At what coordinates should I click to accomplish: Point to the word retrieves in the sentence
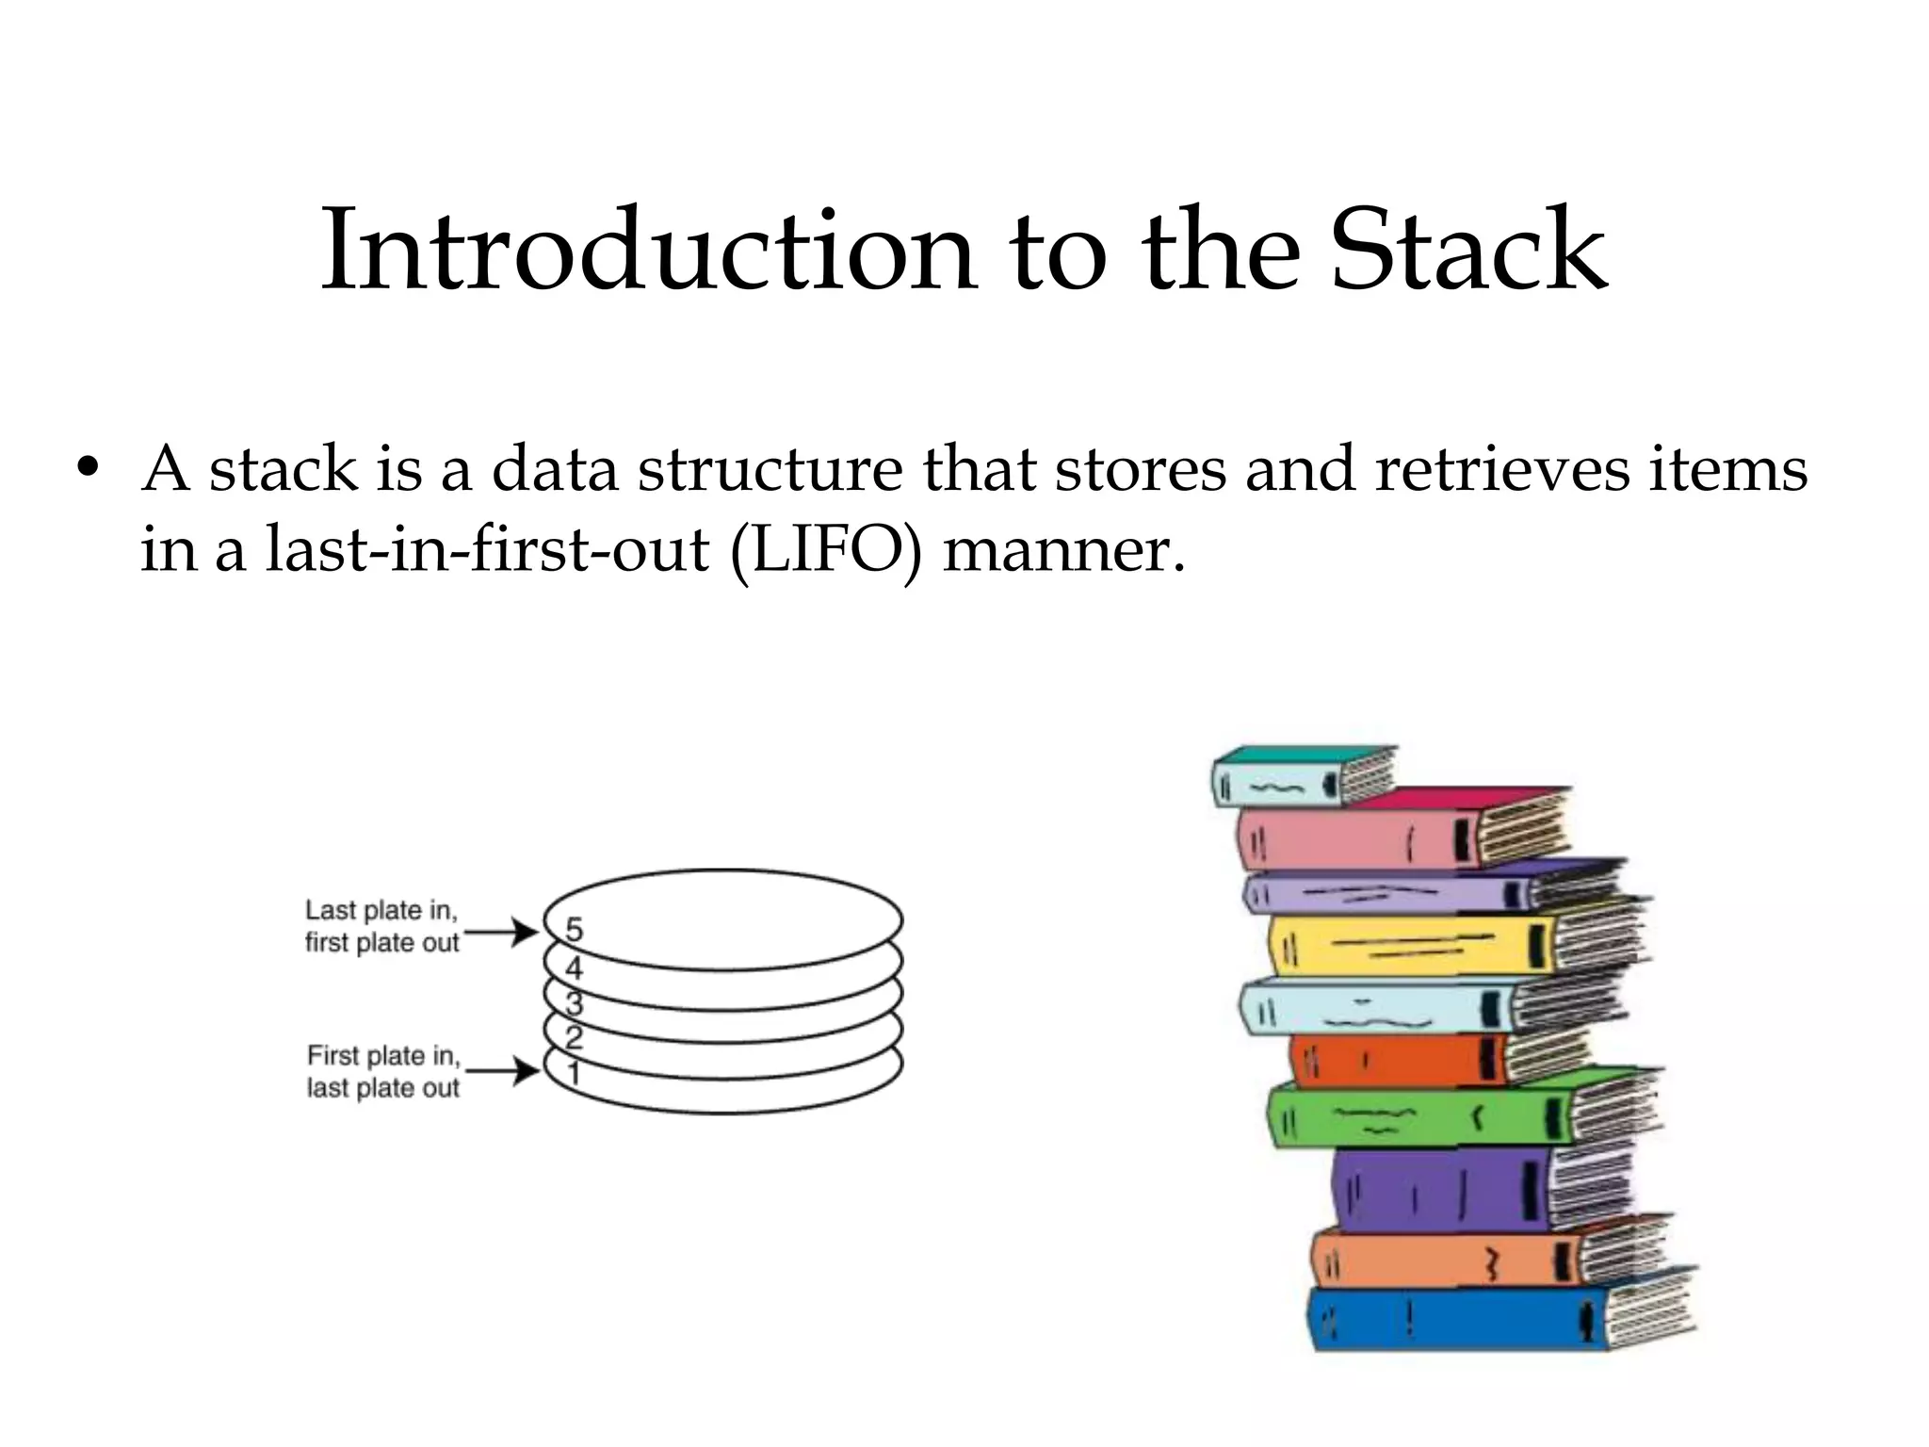coord(1501,468)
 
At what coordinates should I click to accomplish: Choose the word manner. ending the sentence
coord(1063,549)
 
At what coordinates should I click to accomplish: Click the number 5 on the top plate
coord(574,930)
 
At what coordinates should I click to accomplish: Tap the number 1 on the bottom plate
coord(573,1074)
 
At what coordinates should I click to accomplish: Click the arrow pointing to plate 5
coord(501,933)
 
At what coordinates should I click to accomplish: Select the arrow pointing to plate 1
coord(503,1071)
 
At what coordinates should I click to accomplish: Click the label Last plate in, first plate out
coord(381,926)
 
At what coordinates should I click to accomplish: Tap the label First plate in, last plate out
coord(383,1071)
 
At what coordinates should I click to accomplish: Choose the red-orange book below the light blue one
coord(1394,1060)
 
